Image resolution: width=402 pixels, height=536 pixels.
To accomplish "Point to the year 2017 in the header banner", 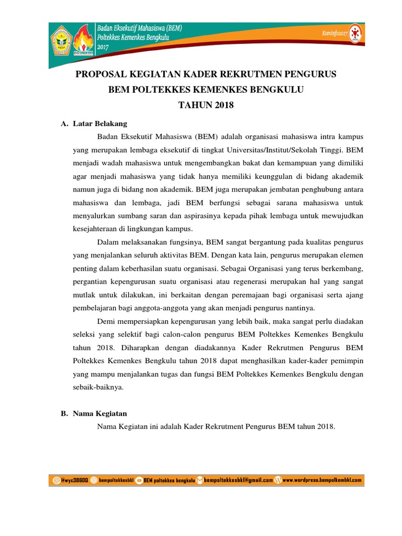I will click(x=104, y=46).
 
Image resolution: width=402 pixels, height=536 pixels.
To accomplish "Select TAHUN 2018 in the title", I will click(x=205, y=105).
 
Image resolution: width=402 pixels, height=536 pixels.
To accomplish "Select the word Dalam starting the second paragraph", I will click(x=109, y=242).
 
